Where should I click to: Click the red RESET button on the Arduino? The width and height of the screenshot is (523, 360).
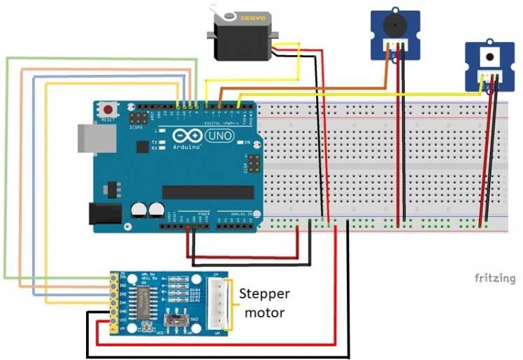tap(108, 110)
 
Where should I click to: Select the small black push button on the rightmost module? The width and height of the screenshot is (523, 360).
tap(489, 56)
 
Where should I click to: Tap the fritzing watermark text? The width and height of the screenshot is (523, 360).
tap(495, 278)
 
